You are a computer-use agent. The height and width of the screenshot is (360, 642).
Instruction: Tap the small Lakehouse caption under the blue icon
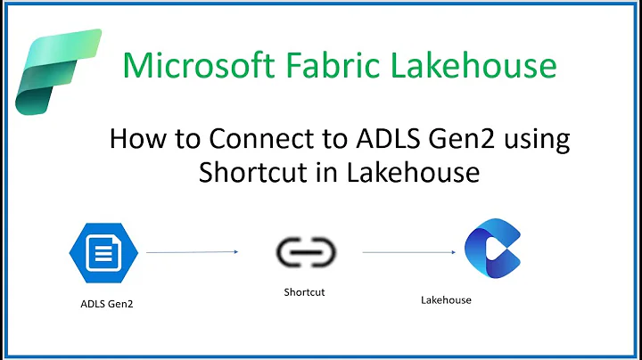[446, 300]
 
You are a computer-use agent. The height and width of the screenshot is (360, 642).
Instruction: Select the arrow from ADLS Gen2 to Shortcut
[192, 252]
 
